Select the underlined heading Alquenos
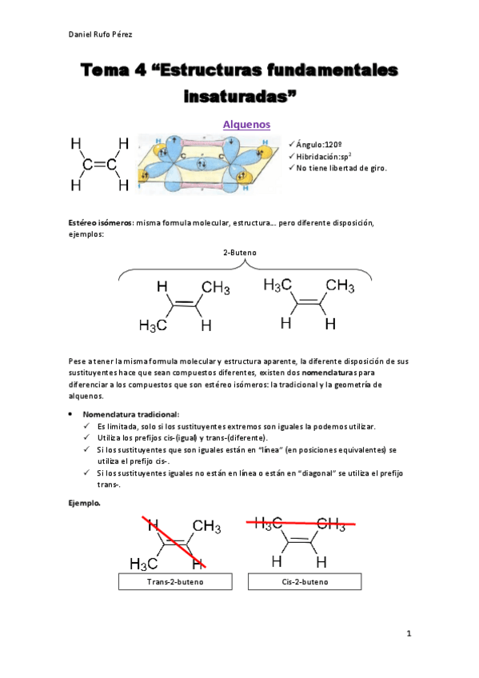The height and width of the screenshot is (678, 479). (246, 125)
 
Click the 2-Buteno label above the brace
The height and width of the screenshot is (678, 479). (239, 253)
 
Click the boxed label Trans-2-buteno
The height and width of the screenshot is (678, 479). (175, 581)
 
